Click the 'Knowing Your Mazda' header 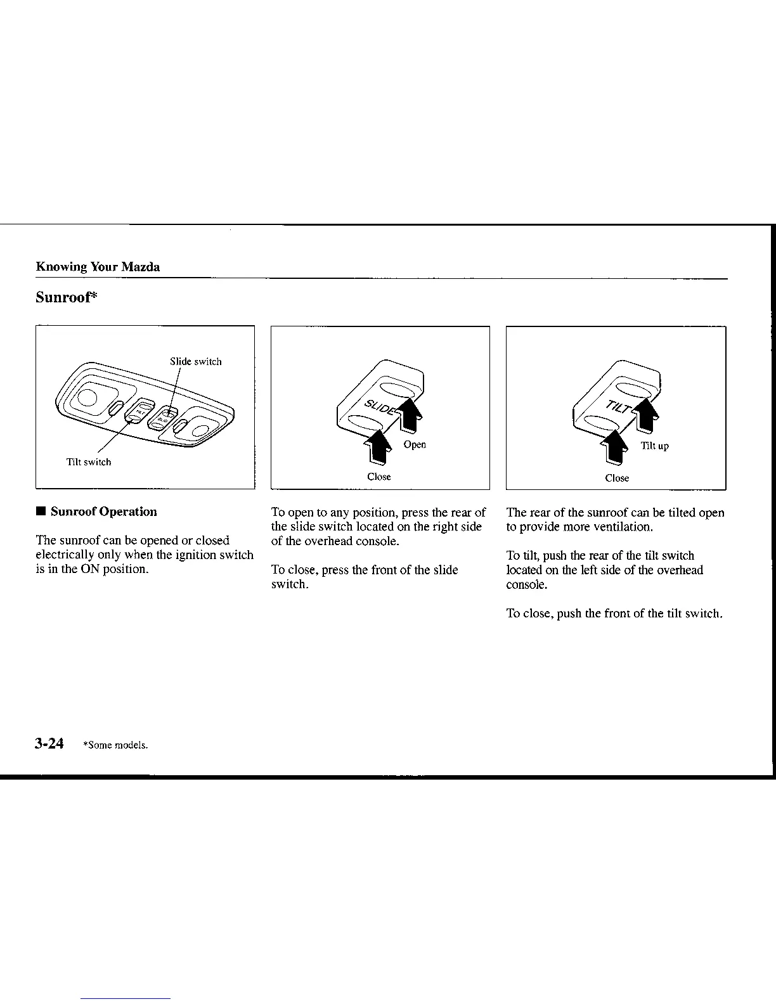click(98, 267)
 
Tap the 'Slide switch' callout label click(195, 362)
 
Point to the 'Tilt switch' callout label click(89, 462)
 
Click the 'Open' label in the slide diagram click(415, 444)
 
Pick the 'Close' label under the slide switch click(379, 477)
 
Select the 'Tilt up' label click(654, 446)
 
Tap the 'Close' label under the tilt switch click(617, 478)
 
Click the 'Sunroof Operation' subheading click(104, 512)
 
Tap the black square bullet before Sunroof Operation click(41, 512)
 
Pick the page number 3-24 click(49, 743)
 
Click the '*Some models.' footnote click(115, 745)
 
